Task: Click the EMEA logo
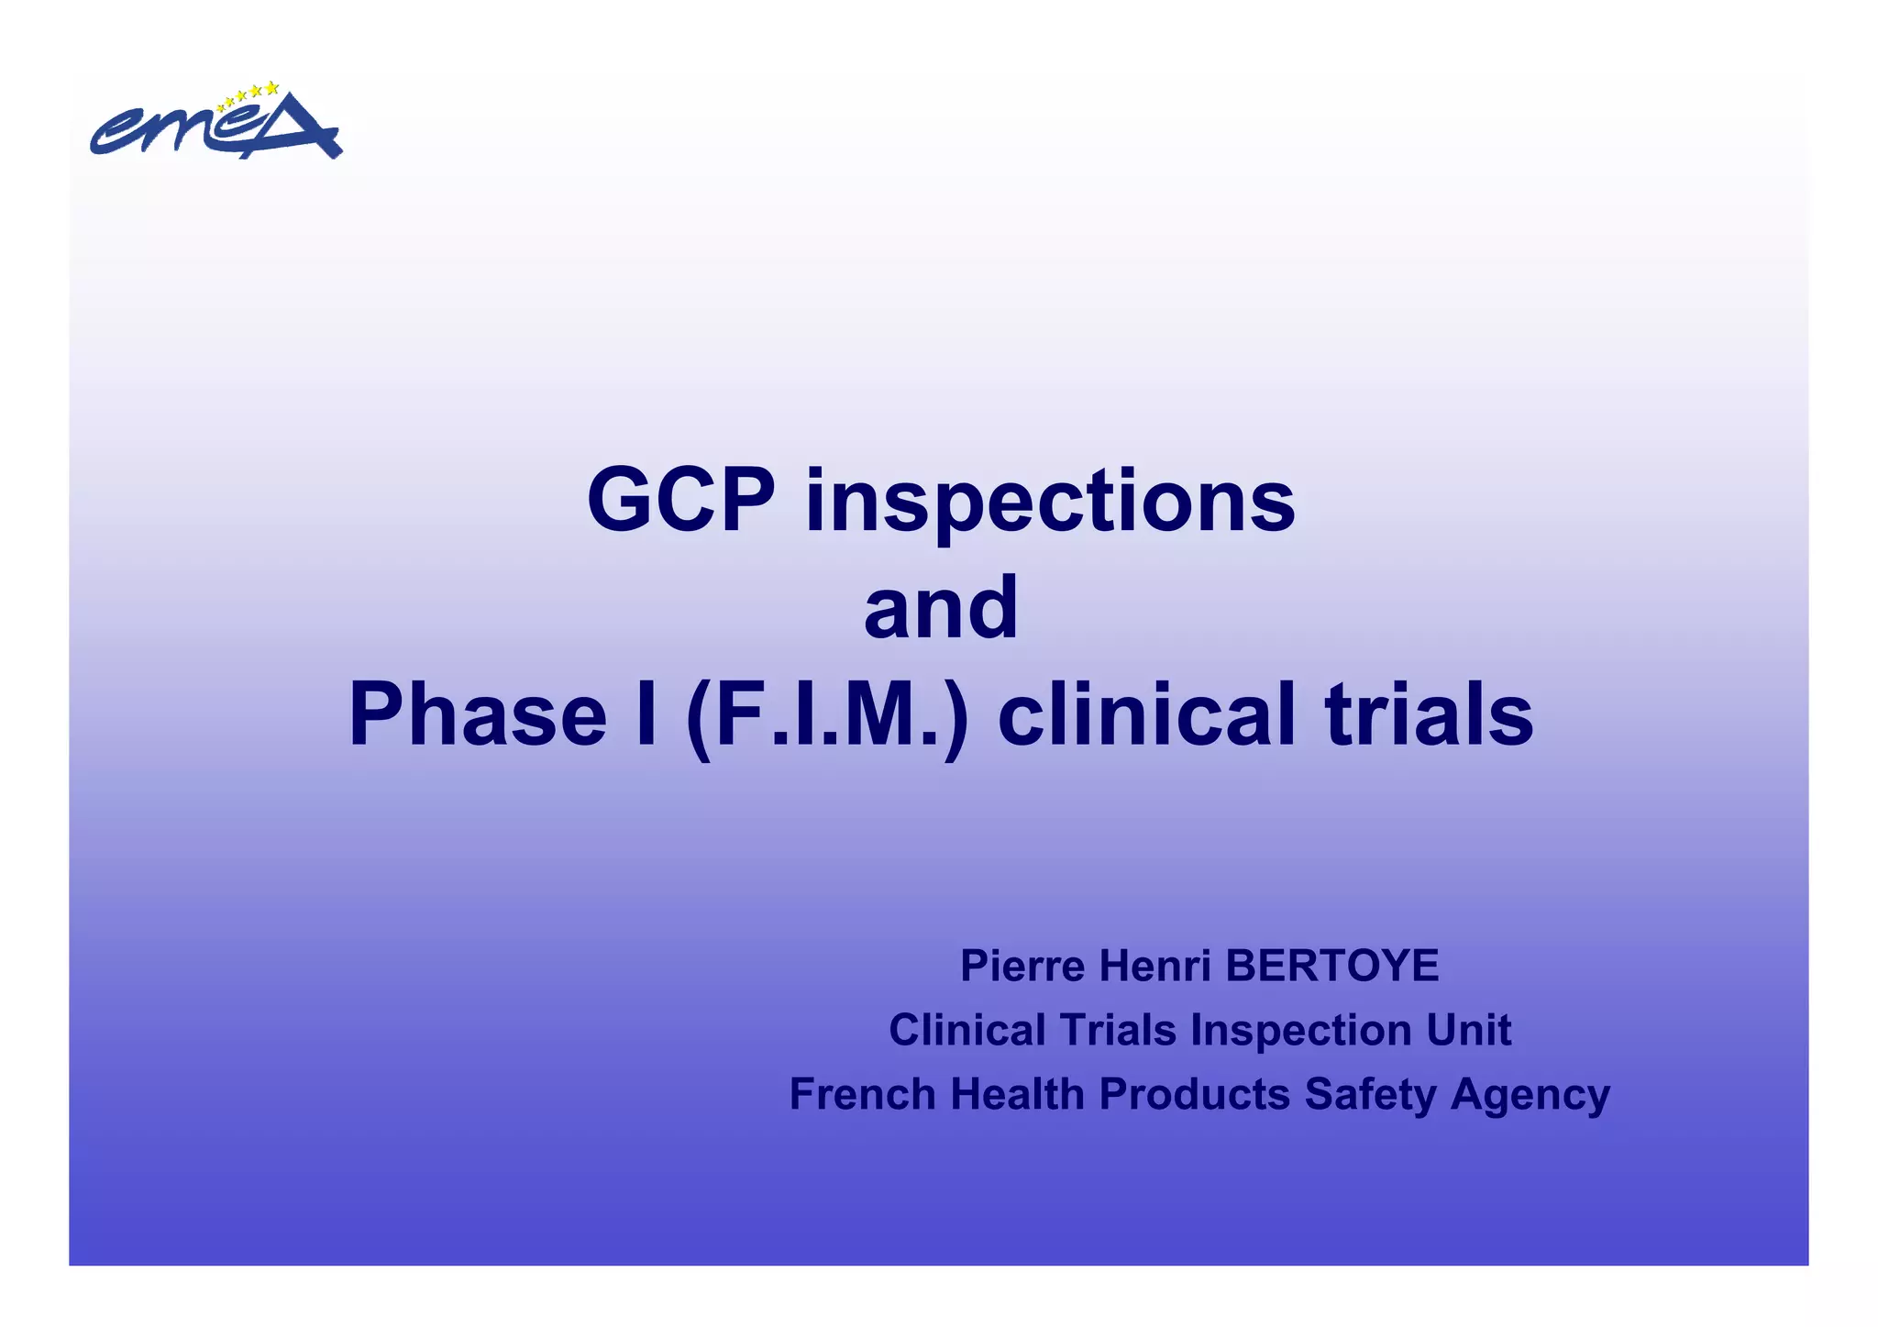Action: pos(215,124)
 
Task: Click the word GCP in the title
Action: pos(680,501)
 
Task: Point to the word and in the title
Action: pos(941,607)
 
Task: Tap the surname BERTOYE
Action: pos(1331,966)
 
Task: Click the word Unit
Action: pos(1468,1030)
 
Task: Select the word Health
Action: pos(1017,1094)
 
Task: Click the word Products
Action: pos(1194,1094)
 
